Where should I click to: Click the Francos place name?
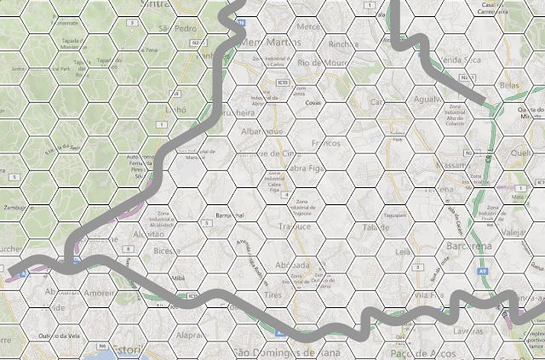[326, 143]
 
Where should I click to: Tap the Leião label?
[404, 252]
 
